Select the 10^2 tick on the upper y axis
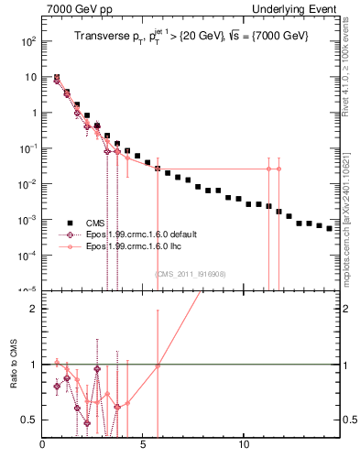pos(29,41)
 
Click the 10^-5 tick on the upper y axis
pos(28,291)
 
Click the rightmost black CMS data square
pos(330,228)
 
